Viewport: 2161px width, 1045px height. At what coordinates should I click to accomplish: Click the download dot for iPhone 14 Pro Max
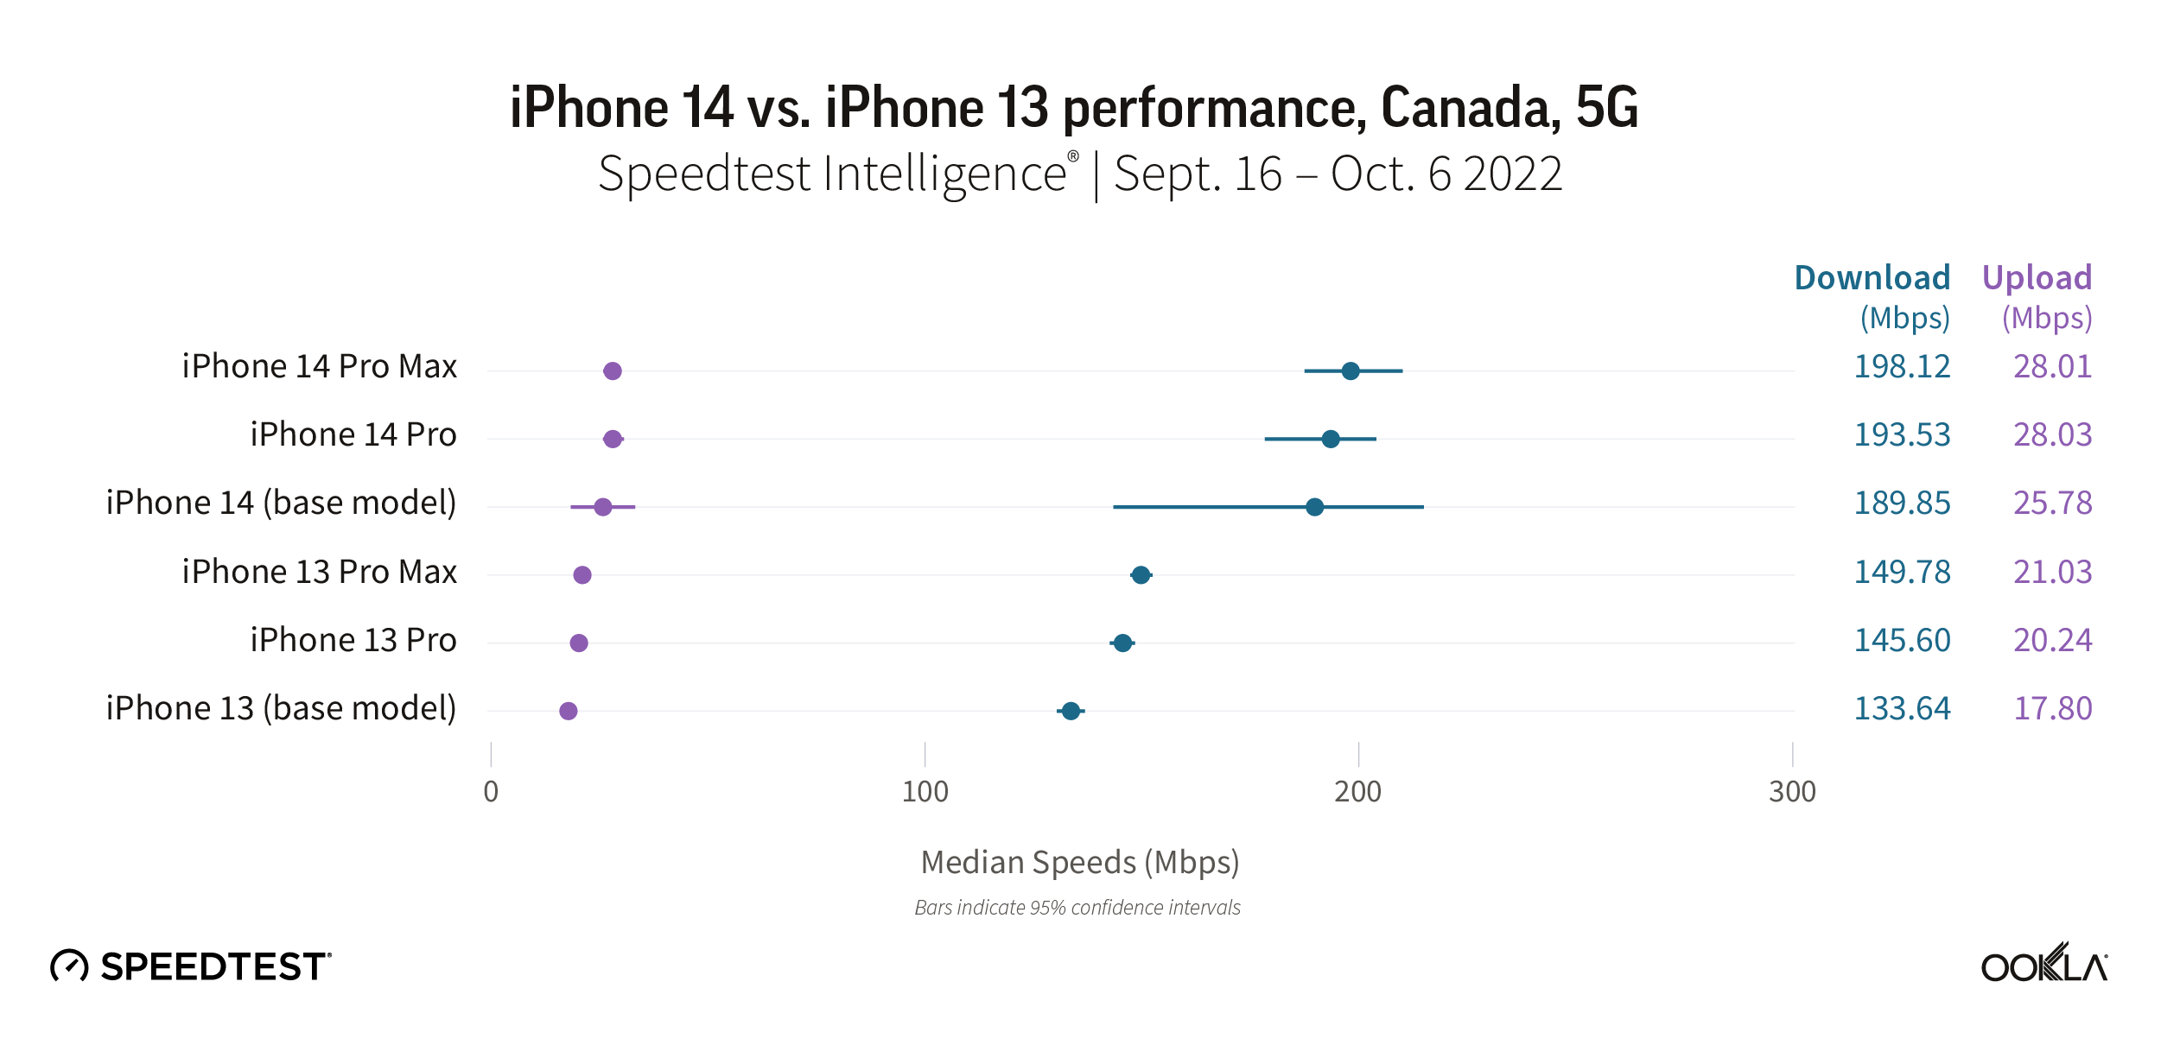pos(1350,371)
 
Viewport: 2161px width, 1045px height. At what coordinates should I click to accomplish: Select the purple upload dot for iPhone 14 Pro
pos(613,439)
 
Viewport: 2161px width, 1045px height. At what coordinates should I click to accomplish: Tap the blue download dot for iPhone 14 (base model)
pos(1314,507)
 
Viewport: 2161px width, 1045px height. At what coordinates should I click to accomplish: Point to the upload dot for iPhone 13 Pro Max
pos(582,575)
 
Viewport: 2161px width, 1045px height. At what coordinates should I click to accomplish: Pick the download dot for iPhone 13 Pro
pos(1122,643)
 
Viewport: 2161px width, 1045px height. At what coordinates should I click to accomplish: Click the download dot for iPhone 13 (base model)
pos(1071,711)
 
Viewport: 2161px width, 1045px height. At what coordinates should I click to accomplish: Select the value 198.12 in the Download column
pos(1902,367)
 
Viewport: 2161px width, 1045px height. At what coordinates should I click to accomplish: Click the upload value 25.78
pos(2052,503)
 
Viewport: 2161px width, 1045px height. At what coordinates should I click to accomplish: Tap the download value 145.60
pos(1902,641)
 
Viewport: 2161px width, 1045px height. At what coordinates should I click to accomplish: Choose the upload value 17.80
pos(2052,709)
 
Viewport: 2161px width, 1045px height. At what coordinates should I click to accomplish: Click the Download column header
pos(1872,278)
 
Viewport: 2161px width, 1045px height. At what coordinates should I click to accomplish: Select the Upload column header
pos(2037,278)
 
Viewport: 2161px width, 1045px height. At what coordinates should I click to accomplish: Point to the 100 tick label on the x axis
pos(925,791)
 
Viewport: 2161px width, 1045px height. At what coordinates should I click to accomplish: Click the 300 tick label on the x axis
pos(1792,791)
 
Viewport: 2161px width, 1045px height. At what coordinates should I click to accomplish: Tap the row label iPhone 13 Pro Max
pos(319,572)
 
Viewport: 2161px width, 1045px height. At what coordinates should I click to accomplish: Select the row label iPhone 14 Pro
pos(353,435)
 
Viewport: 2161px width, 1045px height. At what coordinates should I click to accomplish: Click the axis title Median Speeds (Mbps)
pos(1080,862)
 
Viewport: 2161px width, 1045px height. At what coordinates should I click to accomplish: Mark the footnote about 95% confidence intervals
pos(1077,908)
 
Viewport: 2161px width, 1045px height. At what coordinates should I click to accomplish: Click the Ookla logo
pos(2043,963)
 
